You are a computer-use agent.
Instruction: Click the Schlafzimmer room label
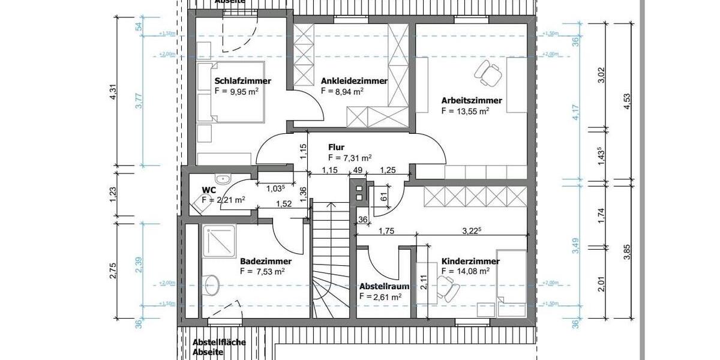(242, 81)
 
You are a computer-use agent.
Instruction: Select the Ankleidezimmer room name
(354, 81)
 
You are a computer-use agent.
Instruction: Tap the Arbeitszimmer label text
(472, 100)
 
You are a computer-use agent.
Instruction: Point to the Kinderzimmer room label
(470, 262)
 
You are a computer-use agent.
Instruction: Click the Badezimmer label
(266, 262)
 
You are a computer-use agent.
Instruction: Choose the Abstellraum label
(384, 286)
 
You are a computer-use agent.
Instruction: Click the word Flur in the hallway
(335, 147)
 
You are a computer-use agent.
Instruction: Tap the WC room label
(208, 190)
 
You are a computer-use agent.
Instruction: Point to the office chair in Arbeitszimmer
(489, 71)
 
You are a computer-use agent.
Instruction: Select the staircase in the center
(329, 264)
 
